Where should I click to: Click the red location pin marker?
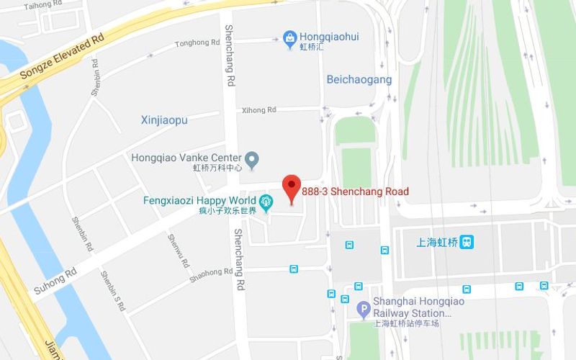(x=291, y=189)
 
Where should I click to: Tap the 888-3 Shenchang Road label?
(x=356, y=192)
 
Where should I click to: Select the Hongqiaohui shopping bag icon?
(x=289, y=37)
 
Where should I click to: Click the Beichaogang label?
(x=359, y=80)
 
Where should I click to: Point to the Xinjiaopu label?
(x=164, y=120)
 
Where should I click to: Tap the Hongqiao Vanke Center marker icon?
(x=251, y=158)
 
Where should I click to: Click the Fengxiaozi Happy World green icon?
(x=266, y=201)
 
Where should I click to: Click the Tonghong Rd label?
(x=197, y=43)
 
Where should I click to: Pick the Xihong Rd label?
(x=259, y=110)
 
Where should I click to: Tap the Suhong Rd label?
(x=55, y=282)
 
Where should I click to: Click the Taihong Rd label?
(x=39, y=6)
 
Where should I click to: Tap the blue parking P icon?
(x=364, y=310)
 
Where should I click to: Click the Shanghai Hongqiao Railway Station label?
(x=411, y=307)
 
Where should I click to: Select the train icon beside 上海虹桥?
(x=468, y=242)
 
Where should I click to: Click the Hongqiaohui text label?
(x=329, y=37)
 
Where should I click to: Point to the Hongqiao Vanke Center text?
(x=186, y=158)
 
